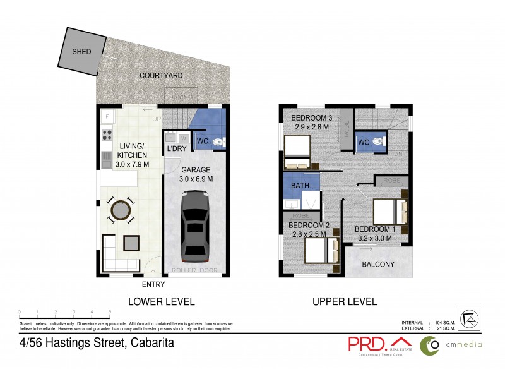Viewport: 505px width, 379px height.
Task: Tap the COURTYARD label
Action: pyautogui.click(x=161, y=76)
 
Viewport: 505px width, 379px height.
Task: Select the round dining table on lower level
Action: pyautogui.click(x=120, y=210)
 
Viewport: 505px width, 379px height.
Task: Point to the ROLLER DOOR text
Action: pyautogui.click(x=194, y=271)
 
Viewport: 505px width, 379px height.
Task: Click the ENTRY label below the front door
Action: pyautogui.click(x=154, y=285)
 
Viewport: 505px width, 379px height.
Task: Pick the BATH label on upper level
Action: pyautogui.click(x=300, y=186)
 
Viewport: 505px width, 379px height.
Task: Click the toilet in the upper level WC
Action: pyautogui.click(x=377, y=142)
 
